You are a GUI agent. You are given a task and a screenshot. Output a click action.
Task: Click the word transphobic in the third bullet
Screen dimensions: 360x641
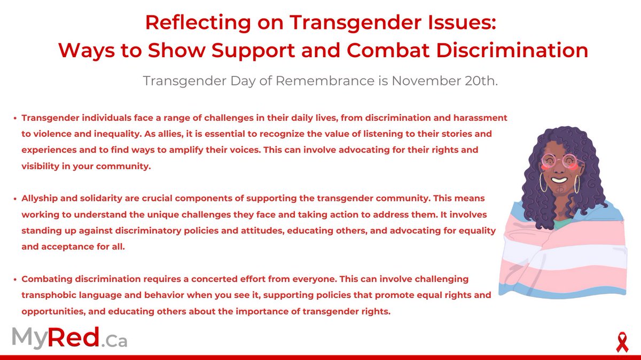tap(48, 295)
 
